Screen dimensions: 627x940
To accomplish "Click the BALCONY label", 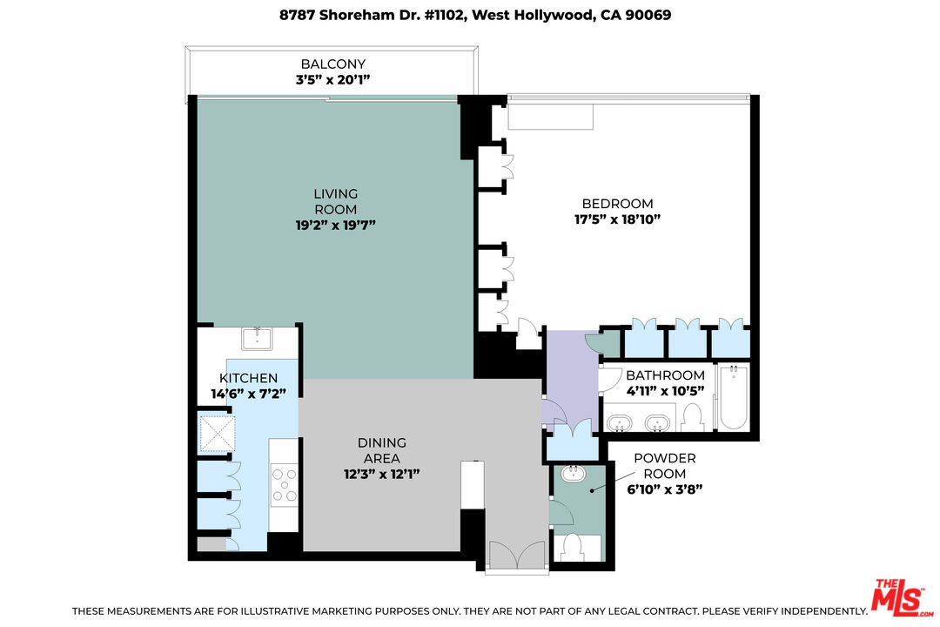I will pos(332,64).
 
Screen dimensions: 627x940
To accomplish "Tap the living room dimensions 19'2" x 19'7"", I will pos(335,225).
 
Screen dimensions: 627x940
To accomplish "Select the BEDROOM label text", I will pos(617,204).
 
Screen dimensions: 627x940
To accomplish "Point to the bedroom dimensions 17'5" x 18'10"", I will pos(617,219).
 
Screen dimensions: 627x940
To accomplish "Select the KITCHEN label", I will pos(248,378).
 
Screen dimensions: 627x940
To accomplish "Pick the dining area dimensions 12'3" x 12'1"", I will pos(381,474).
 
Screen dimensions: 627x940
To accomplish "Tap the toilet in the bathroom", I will pos(694,420).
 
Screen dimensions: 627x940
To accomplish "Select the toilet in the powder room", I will pos(573,547).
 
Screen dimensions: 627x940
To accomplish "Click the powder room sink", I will pos(574,475).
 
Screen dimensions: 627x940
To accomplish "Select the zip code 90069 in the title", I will pos(650,15).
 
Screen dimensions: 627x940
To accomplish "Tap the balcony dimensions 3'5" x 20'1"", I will pos(332,79).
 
